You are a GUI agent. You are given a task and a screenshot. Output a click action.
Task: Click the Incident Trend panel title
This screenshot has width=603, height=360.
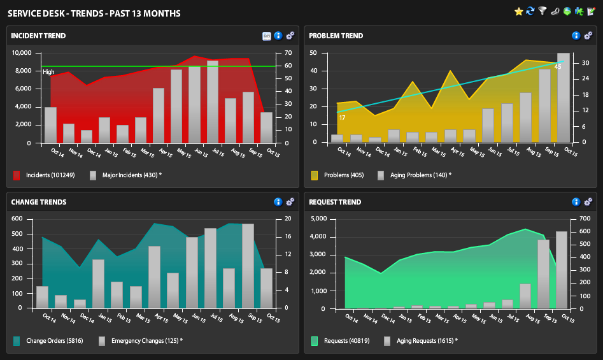coord(38,36)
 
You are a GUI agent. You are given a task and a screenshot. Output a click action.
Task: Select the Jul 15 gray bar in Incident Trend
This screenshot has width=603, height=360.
coord(213,102)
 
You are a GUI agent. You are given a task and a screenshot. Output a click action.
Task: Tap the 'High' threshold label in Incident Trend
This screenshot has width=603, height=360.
coord(48,72)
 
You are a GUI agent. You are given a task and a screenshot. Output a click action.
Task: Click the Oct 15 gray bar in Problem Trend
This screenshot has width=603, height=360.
coord(563,97)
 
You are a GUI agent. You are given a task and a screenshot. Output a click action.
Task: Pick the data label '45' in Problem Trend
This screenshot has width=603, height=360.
coord(558,66)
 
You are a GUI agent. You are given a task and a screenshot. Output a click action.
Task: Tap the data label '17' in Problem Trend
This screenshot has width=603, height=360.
coord(342,118)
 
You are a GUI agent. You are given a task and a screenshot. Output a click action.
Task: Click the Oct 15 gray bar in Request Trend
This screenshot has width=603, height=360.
coord(561,270)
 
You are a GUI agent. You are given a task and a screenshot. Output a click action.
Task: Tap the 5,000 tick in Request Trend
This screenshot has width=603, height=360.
coord(318,219)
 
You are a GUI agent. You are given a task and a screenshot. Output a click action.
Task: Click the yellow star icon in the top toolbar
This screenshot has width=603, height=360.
coord(518,11)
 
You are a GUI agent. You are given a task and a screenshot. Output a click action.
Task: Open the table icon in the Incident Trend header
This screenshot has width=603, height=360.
coord(267,36)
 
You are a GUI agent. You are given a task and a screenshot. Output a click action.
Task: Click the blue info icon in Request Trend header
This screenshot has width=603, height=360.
coord(576,202)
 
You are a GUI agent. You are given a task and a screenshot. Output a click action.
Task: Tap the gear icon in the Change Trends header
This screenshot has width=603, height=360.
coord(290,202)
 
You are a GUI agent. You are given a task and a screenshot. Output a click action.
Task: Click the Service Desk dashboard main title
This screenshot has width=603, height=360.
coord(94,13)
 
